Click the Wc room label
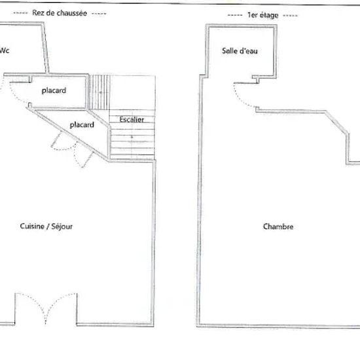click(x=5, y=50)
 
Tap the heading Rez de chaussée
click(x=60, y=13)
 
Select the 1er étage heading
click(x=263, y=15)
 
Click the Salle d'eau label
click(x=240, y=51)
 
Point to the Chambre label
click(x=278, y=226)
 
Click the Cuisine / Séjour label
click(x=46, y=226)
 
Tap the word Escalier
click(x=132, y=119)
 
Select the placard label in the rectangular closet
click(x=54, y=91)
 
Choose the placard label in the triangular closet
click(x=82, y=125)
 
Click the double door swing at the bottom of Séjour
click(x=46, y=308)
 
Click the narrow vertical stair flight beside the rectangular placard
click(x=99, y=92)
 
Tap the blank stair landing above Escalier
click(x=133, y=92)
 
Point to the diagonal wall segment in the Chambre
click(x=337, y=122)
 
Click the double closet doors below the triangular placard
click(x=72, y=149)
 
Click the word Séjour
click(x=62, y=226)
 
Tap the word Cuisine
click(x=32, y=226)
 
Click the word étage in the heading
click(x=268, y=16)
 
